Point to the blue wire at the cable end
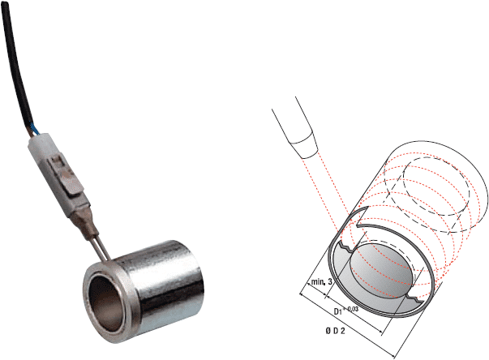35,129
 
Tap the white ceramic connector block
59,174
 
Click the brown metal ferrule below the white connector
86,224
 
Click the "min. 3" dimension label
321,282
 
